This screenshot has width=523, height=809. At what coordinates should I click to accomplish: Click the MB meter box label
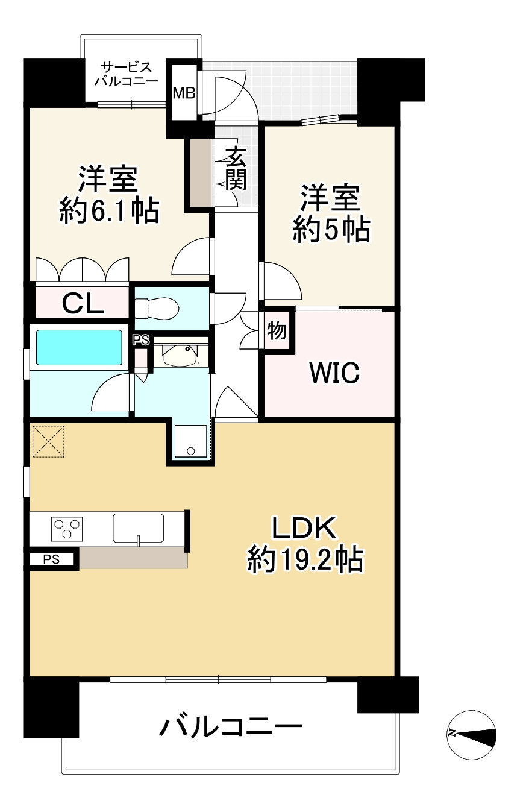point(184,93)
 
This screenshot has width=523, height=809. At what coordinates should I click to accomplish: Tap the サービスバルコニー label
point(127,74)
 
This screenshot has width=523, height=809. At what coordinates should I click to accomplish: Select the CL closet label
point(83,303)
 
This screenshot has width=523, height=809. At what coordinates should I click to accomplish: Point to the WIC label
point(334,373)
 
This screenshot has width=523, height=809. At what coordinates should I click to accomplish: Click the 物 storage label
point(277,330)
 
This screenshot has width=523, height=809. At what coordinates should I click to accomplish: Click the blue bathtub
point(79,347)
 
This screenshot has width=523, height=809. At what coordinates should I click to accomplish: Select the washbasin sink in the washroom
point(181,355)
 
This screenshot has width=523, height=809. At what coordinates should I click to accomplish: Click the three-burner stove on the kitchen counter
point(67,529)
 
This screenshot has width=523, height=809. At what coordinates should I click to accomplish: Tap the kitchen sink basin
point(138,528)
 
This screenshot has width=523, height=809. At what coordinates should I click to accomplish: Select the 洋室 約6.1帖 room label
point(108,195)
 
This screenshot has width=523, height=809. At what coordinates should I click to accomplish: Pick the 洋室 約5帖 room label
point(331,213)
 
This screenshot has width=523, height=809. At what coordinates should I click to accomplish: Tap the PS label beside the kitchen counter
point(51,559)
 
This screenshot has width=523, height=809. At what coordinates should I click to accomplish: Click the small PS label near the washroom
point(141,340)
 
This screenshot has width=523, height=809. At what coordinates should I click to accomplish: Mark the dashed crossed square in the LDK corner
point(48,441)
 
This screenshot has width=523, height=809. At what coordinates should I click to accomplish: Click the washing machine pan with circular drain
point(190,441)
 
